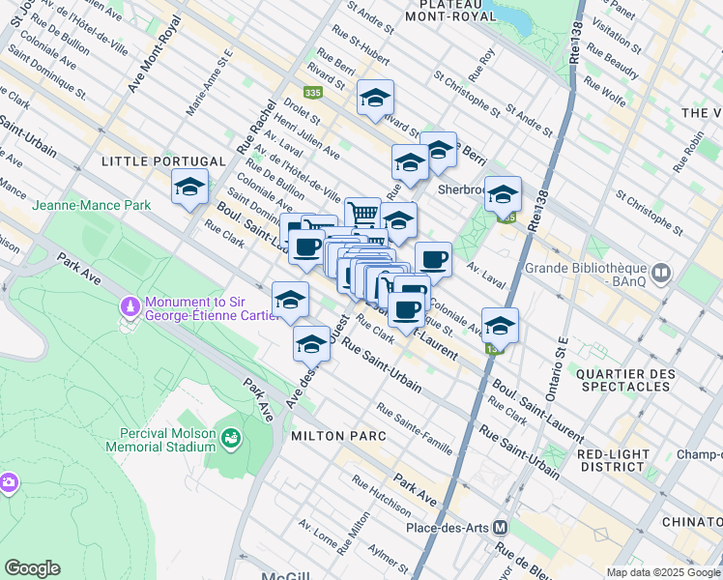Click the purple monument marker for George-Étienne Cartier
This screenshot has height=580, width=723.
tap(130, 305)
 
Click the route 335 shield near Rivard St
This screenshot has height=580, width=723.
tap(311, 93)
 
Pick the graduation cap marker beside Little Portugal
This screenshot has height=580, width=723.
tap(189, 186)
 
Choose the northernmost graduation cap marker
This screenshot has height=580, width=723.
tap(375, 97)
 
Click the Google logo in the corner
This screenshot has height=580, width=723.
tap(32, 568)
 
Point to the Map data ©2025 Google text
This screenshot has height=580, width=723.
tap(662, 572)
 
